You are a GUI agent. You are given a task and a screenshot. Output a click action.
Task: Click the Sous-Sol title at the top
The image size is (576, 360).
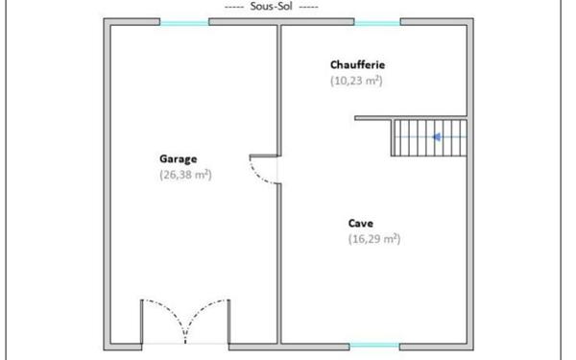pyautogui.click(x=271, y=7)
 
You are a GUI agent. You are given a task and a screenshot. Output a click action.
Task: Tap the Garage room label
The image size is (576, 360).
pyautogui.click(x=179, y=159)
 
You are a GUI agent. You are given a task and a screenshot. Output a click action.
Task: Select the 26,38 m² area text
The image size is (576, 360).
pyautogui.click(x=185, y=175)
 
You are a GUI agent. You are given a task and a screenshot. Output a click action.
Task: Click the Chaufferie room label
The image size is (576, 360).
pyautogui.click(x=357, y=64)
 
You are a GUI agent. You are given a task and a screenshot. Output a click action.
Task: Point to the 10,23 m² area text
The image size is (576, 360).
pyautogui.click(x=356, y=81)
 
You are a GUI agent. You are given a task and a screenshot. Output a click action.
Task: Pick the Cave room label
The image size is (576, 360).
pyautogui.click(x=361, y=224)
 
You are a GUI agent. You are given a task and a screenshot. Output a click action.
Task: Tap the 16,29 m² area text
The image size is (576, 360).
pyautogui.click(x=374, y=239)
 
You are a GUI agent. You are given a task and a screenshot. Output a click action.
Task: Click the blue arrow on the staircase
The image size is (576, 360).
pyautogui.click(x=437, y=137)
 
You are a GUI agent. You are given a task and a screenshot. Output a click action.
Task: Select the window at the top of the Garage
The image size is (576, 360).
pyautogui.click(x=184, y=23)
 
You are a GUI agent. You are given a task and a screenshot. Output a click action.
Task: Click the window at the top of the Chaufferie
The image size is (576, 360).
pyautogui.click(x=377, y=23)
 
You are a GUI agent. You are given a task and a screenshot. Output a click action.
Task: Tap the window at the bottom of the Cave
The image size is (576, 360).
pyautogui.click(x=374, y=346)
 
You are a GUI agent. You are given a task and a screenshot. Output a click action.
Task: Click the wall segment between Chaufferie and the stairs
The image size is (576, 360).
pyautogui.click(x=411, y=118)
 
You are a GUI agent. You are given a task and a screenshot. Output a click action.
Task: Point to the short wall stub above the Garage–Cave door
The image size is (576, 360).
pyautogui.click(x=263, y=156)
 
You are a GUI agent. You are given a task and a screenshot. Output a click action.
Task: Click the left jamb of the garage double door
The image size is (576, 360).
pyautogui.click(x=141, y=322)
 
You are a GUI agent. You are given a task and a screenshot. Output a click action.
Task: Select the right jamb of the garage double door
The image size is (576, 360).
pyautogui.click(x=228, y=322)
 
